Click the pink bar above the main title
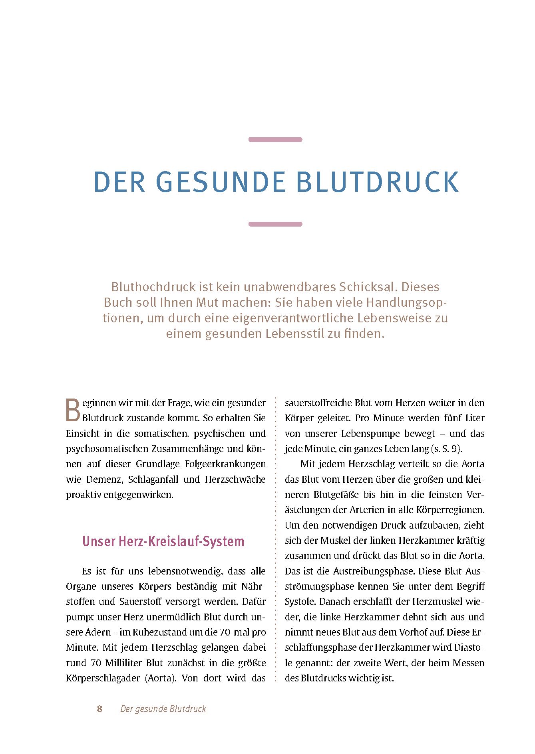click(x=275, y=140)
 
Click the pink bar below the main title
click(x=275, y=224)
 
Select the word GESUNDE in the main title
click(x=221, y=182)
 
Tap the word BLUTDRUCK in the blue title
click(x=378, y=182)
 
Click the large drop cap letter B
click(x=73, y=410)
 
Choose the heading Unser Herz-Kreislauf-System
click(x=163, y=541)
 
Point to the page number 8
click(x=99, y=709)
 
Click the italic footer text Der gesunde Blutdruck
click(x=163, y=709)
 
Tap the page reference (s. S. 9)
click(x=446, y=449)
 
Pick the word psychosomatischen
click(x=107, y=449)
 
